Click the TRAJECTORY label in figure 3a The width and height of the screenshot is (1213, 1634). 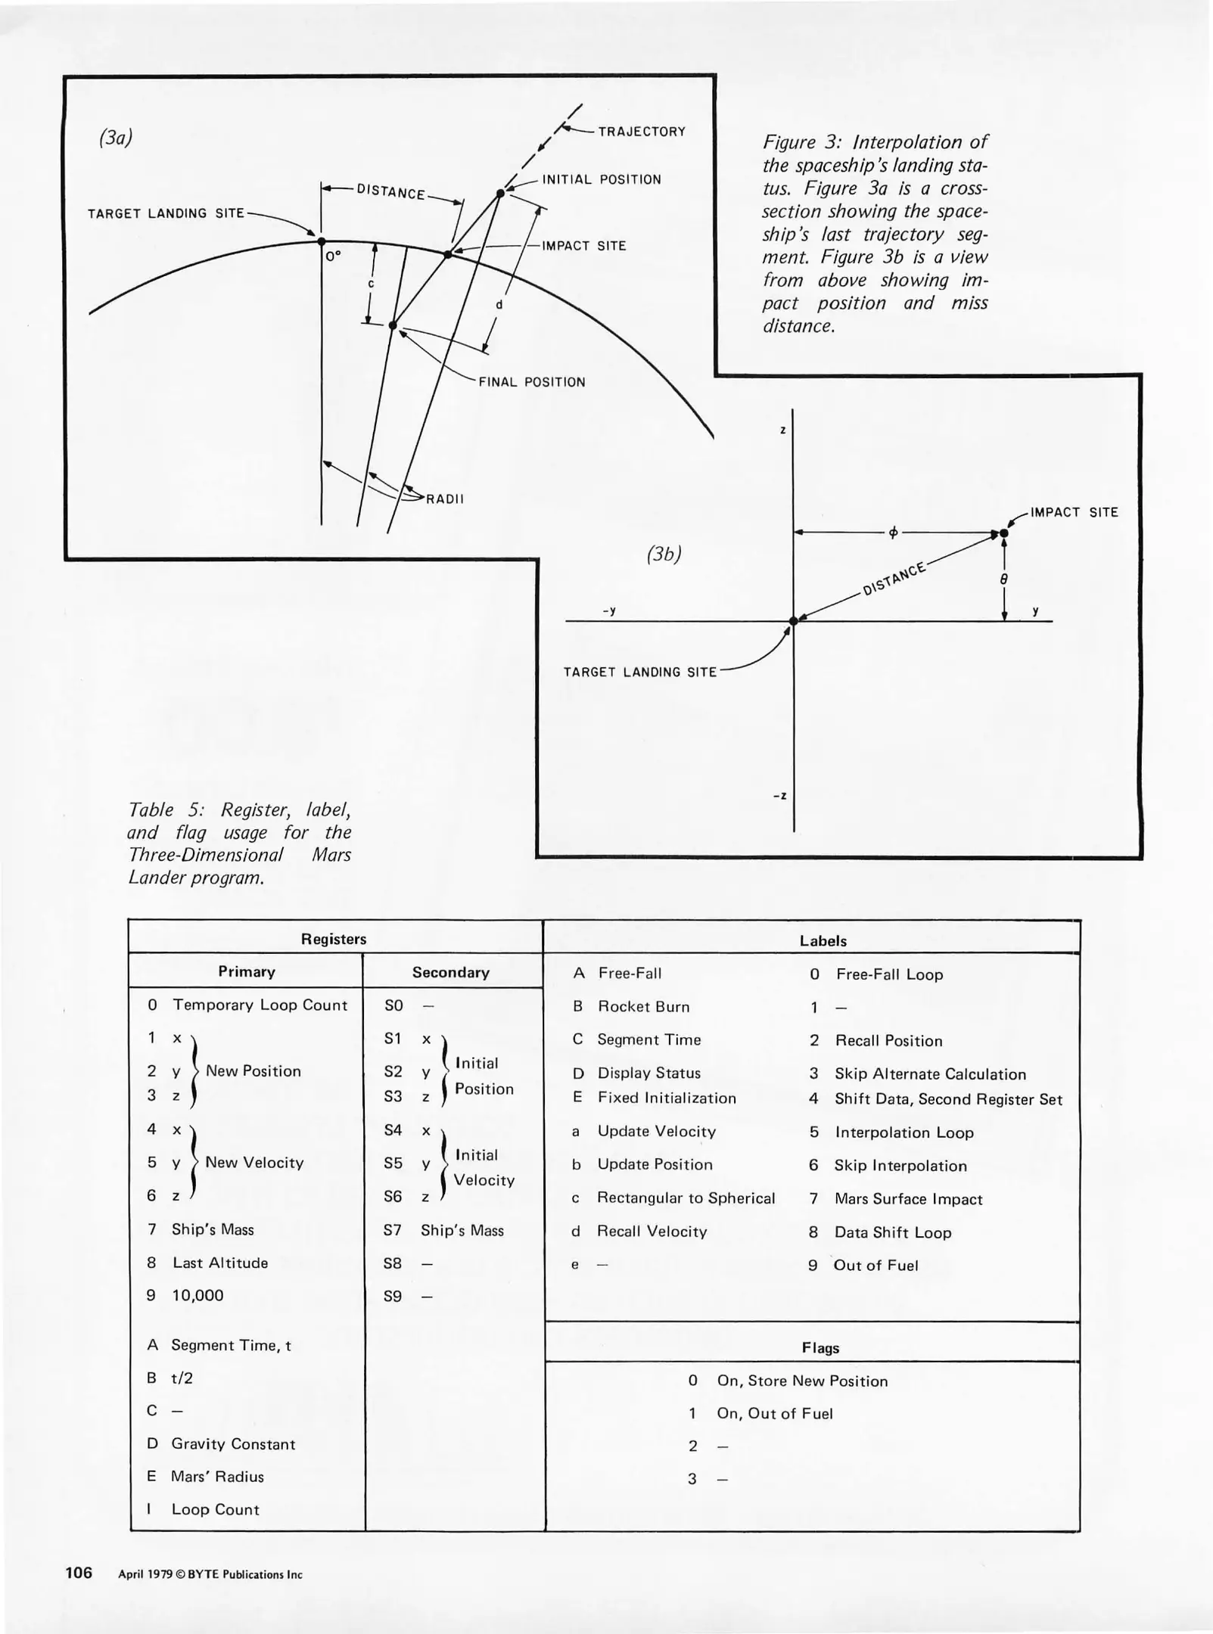642,132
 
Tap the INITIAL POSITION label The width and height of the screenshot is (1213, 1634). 602,179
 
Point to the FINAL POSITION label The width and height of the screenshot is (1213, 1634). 532,382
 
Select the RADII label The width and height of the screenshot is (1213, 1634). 445,499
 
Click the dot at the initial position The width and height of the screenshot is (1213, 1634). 500,194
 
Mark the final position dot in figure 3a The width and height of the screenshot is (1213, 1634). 392,325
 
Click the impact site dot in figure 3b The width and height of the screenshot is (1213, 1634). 1003,533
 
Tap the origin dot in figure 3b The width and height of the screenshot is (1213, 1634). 793,621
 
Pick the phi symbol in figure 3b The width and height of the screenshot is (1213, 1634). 893,533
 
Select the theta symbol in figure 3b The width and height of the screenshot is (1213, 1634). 1003,579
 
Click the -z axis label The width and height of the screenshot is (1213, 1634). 779,796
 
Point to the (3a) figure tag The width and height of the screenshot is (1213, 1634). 116,138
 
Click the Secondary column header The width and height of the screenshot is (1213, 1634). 451,972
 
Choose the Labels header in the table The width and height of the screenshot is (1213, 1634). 823,941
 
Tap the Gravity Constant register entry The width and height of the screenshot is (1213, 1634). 232,1444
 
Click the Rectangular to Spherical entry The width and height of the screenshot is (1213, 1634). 686,1198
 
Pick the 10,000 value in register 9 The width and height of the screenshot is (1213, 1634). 198,1295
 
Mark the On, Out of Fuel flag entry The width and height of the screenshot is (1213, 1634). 774,1413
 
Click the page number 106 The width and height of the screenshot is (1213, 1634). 79,1573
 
